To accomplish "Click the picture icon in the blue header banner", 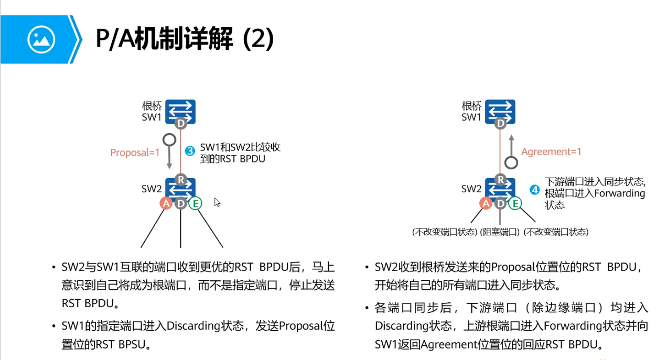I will (x=41, y=39).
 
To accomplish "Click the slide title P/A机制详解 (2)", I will (x=185, y=39).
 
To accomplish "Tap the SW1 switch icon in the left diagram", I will (x=180, y=111).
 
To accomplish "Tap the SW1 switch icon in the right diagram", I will (x=500, y=111).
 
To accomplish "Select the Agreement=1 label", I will (x=551, y=152).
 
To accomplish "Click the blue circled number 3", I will (x=191, y=152).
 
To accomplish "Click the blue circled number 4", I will (x=534, y=190).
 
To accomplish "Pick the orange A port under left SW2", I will (x=166, y=203).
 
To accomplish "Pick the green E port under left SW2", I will (x=195, y=203).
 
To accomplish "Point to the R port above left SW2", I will (x=180, y=179).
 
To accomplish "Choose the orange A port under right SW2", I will (x=486, y=203).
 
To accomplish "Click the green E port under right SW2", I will (x=515, y=203).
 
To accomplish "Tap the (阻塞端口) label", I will (x=500, y=232).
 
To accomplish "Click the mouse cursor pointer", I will (x=217, y=202).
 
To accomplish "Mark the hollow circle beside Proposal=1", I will (x=169, y=140).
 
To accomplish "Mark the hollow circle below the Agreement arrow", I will (x=511, y=162).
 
